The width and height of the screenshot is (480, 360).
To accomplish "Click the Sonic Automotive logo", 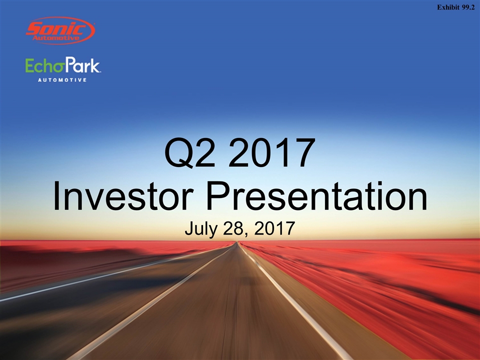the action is (60, 30).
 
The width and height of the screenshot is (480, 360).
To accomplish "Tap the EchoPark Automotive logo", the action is (63, 69).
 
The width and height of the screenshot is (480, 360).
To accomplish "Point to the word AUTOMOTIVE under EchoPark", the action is (62, 80).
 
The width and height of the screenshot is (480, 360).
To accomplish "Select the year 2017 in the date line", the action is (274, 228).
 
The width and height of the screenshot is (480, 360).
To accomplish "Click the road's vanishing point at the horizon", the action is (236, 242).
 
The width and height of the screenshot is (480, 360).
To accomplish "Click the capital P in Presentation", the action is (218, 196).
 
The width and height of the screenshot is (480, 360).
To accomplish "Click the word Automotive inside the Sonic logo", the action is (56, 38).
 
